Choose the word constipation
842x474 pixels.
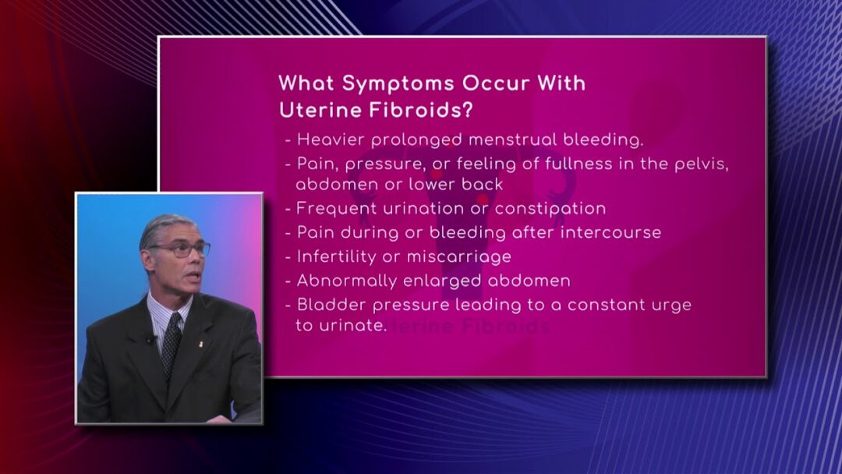point(550,209)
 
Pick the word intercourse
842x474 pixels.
point(610,232)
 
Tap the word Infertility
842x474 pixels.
point(336,256)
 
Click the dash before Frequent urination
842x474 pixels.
point(288,209)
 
